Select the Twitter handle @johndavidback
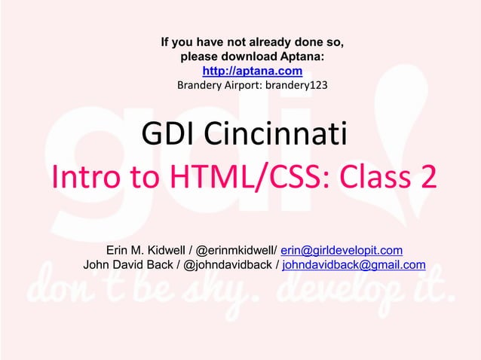tap(225, 264)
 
